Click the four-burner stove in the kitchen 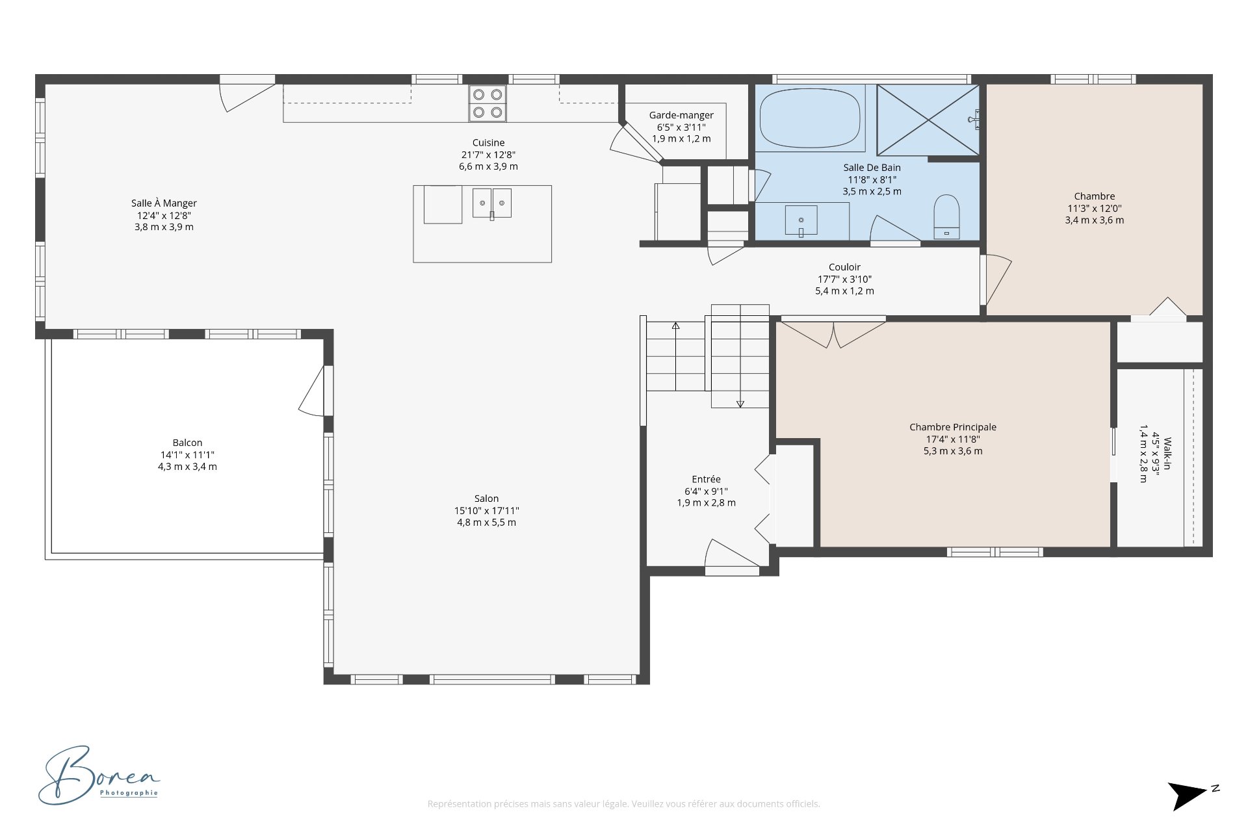[x=487, y=103]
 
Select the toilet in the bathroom [x=946, y=216]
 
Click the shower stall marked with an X [x=928, y=120]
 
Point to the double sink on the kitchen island [x=491, y=203]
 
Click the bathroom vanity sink [x=801, y=220]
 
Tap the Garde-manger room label [x=681, y=115]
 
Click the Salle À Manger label [x=164, y=203]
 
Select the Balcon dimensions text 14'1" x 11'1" [x=187, y=455]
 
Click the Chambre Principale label [x=952, y=427]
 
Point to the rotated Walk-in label [x=1167, y=454]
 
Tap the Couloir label [x=844, y=267]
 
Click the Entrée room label [x=706, y=479]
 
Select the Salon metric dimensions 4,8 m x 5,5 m [x=486, y=523]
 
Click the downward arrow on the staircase [x=740, y=403]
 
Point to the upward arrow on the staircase [x=675, y=326]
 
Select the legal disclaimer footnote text [x=623, y=804]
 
